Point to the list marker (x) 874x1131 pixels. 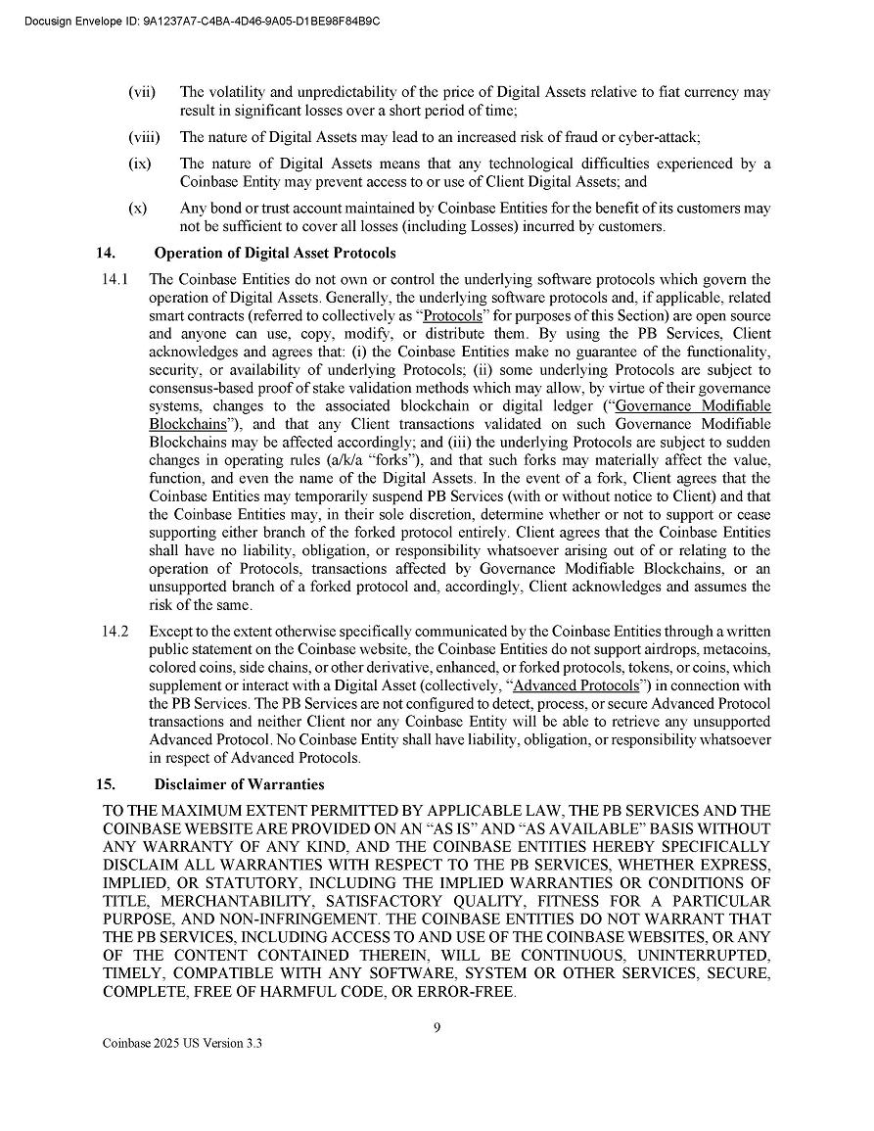138,209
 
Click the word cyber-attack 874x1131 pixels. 657,137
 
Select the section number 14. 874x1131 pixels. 106,254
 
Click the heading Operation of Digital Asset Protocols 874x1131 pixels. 275,254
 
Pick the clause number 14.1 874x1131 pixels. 115,280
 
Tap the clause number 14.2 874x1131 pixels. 115,632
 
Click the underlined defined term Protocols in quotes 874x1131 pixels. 453,316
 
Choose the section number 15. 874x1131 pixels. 106,784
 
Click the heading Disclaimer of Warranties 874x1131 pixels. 239,784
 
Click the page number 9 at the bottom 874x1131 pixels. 437,1027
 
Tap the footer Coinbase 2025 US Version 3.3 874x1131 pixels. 182,1044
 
